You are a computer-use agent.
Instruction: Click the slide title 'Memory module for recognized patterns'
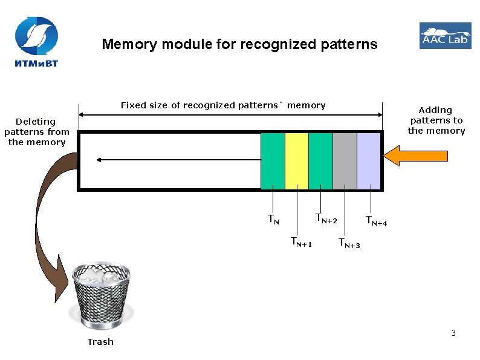pyautogui.click(x=239, y=44)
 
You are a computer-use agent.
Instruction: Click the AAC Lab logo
pyautogui.click(x=445, y=36)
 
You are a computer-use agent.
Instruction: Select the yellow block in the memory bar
pyautogui.click(x=296, y=161)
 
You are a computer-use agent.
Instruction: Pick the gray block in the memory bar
pyautogui.click(x=345, y=161)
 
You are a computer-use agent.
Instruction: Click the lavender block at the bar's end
pyautogui.click(x=368, y=161)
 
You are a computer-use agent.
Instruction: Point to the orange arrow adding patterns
pyautogui.click(x=406, y=155)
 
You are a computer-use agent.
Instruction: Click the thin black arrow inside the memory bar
pyautogui.click(x=175, y=160)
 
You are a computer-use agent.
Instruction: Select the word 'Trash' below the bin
pyautogui.click(x=100, y=342)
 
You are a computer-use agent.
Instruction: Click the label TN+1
pyautogui.click(x=301, y=242)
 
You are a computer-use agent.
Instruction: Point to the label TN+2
pyautogui.click(x=326, y=218)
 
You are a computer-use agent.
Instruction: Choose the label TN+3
pyautogui.click(x=349, y=243)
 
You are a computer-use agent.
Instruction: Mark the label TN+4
pyautogui.click(x=375, y=221)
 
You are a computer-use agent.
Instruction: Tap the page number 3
pyautogui.click(x=453, y=333)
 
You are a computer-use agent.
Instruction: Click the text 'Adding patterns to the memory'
pyautogui.click(x=436, y=120)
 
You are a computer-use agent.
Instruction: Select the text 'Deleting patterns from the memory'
pyautogui.click(x=37, y=131)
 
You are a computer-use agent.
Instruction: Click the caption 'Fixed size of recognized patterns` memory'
pyautogui.click(x=222, y=105)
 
